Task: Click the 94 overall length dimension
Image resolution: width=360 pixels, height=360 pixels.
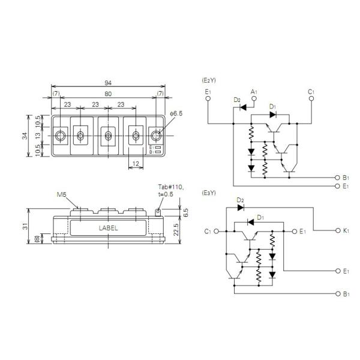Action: pos(107,83)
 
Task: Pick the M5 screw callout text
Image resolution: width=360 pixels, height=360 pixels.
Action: pos(62,195)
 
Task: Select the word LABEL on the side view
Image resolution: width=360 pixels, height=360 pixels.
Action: pos(108,228)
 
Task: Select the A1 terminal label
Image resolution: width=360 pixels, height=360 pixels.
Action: pos(254,91)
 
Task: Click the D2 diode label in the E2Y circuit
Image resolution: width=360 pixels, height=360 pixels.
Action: pos(236,100)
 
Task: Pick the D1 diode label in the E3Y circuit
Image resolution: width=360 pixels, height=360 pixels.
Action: pos(260,217)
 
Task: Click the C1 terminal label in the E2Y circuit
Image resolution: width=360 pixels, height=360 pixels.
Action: pos(311,91)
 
